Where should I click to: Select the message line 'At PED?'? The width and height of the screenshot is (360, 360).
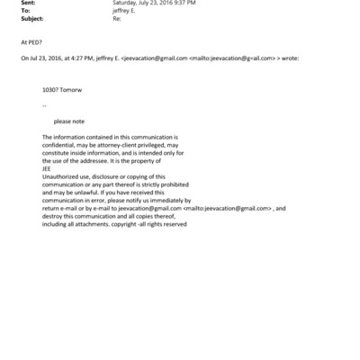point(31,41)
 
